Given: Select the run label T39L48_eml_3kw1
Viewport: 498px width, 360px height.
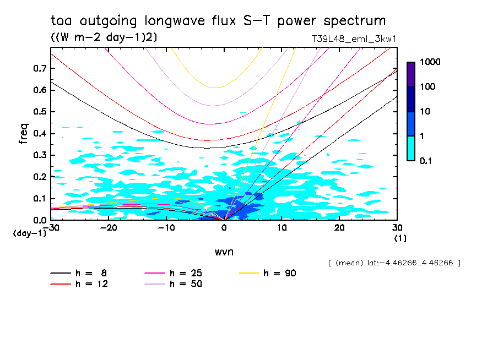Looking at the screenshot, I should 354,39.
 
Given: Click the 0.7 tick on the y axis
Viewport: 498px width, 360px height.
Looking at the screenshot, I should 40,68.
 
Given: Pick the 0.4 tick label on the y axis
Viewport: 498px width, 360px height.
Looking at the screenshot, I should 40,134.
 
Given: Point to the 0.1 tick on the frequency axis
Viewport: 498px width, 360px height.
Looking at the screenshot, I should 40,199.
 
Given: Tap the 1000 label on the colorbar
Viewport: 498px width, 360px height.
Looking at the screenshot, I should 430,62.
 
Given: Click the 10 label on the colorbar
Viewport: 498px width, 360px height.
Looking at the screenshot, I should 425,112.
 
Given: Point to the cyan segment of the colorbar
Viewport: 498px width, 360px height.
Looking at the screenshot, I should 411,148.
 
